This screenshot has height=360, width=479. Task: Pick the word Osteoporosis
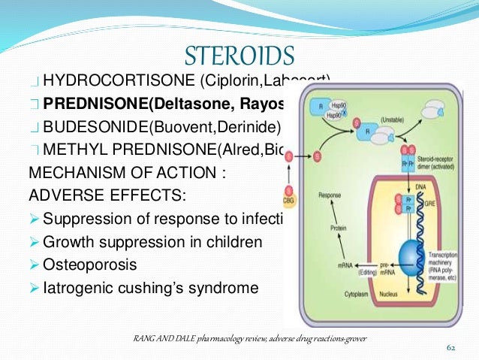91,265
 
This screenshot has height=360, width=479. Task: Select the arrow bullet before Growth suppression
35,244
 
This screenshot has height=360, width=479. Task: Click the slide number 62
451,349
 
